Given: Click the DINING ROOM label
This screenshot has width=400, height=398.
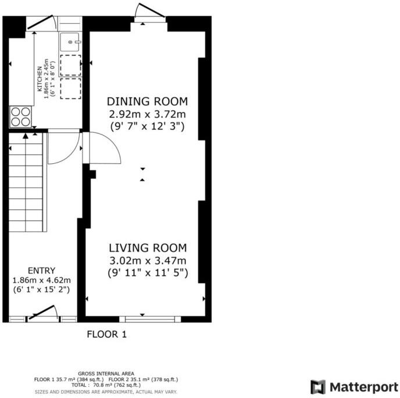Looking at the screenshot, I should (146, 101).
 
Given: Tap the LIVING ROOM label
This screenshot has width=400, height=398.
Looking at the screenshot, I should (148, 248).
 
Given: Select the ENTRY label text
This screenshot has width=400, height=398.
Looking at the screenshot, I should (41, 270).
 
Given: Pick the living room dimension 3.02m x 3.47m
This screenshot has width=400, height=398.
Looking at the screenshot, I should (148, 260).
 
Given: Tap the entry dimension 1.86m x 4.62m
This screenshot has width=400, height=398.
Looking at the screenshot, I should (41, 280).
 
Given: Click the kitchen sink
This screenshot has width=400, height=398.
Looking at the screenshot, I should (71, 41).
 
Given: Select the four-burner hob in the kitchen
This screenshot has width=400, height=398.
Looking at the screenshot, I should (21, 116).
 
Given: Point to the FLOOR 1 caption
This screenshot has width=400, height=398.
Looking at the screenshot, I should (106, 334).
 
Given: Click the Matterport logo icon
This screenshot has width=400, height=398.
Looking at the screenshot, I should (317, 387).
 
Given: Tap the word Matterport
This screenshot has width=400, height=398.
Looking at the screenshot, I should (360, 387).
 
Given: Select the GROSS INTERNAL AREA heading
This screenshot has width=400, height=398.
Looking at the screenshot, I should (106, 374).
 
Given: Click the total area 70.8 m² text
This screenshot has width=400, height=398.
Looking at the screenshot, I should (106, 385).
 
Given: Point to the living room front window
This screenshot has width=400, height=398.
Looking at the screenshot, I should (148, 319).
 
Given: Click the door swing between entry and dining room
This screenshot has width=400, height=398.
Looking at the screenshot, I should (103, 149).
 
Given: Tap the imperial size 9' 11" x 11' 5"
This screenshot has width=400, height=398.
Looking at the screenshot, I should (148, 272).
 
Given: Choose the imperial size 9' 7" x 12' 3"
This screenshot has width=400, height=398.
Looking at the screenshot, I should (146, 125).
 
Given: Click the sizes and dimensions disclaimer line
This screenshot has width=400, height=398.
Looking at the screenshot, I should (106, 392).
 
